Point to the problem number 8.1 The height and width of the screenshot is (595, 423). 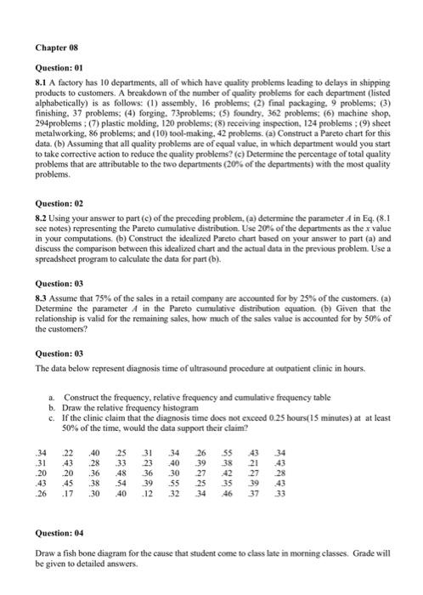pos(41,79)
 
